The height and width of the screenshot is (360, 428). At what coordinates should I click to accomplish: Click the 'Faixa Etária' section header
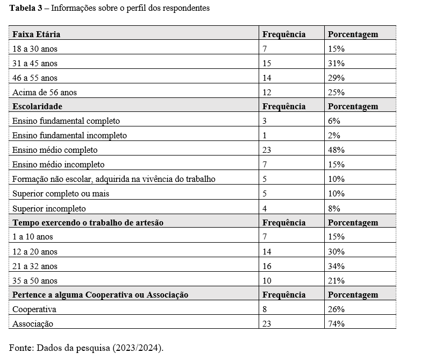tap(36, 34)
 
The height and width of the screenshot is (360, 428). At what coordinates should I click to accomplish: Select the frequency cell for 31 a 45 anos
tap(267, 63)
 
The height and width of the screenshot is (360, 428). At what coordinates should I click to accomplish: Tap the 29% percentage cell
tap(336, 78)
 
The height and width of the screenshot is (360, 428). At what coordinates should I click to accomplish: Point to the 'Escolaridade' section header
tap(38, 107)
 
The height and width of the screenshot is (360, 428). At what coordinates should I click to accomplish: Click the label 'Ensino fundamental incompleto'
tap(69, 136)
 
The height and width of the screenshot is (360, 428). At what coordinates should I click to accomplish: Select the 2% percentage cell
tap(334, 136)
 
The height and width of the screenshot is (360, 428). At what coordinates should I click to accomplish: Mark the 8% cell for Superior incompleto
tap(334, 208)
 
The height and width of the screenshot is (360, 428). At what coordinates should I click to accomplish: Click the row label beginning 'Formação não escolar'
tap(113, 179)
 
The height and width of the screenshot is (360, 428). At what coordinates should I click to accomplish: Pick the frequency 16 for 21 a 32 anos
tap(267, 266)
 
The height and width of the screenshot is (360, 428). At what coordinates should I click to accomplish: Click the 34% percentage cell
tap(336, 266)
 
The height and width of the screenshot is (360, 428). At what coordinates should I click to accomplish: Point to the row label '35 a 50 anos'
tap(34, 281)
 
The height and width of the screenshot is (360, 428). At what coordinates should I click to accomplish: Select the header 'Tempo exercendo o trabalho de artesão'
tap(88, 223)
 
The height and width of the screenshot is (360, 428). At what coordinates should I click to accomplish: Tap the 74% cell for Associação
tap(336, 324)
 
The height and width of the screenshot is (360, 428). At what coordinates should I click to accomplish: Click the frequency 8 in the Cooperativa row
tap(265, 309)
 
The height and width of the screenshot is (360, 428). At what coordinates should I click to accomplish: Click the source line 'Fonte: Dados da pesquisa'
tap(86, 348)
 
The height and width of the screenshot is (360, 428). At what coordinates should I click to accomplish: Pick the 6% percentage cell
tap(334, 121)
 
